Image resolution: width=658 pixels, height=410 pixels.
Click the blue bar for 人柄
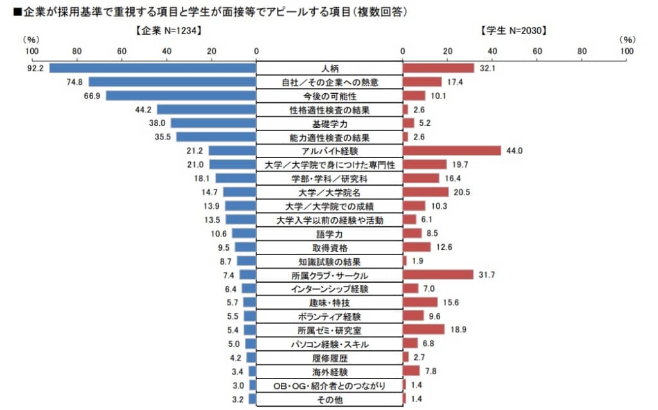pos(152,68)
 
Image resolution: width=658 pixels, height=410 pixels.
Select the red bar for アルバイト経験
pos(452,150)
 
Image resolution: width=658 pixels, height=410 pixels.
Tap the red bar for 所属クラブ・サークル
pos(438,275)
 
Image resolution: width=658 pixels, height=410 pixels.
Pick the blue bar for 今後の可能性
pos(181,96)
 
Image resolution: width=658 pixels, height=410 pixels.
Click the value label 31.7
pos(488,276)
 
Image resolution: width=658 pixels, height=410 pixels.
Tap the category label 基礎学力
pos(330,123)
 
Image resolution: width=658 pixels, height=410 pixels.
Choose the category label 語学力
pos(330,234)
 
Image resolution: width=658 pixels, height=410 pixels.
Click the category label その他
pos(330,400)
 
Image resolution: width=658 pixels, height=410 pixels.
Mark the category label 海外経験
pos(330,372)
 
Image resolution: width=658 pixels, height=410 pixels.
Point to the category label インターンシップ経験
pos(330,289)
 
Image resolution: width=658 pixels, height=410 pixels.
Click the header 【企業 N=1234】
pos(169,30)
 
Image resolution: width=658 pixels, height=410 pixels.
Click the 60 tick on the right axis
pos(537,51)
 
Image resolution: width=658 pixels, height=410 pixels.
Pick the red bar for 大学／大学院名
pos(425,192)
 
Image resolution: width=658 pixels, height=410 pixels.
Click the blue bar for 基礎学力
pos(213,123)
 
